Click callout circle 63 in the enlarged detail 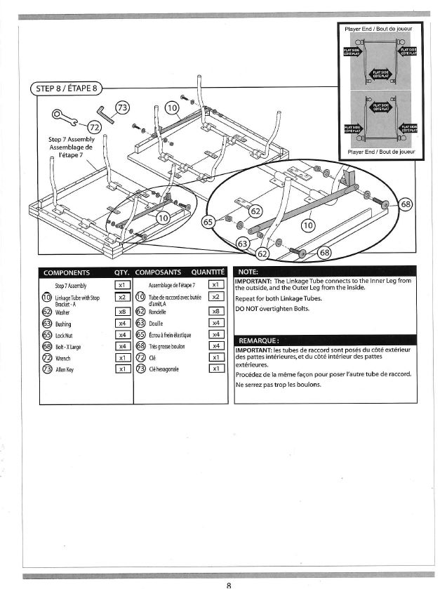(x=244, y=243)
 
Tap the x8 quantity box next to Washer (x=121, y=312)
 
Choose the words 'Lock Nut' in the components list (x=65, y=336)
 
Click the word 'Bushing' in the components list (x=64, y=324)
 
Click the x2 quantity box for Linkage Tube (x=121, y=297)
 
